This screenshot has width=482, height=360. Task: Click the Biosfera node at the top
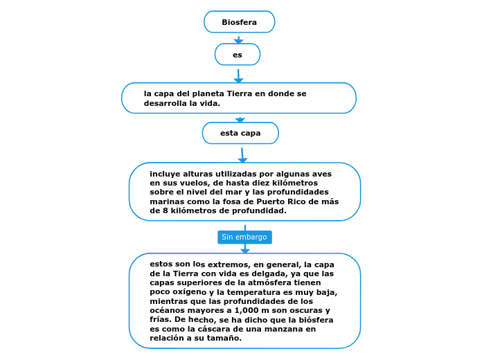(x=239, y=22)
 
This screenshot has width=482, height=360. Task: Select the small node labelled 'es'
(x=238, y=55)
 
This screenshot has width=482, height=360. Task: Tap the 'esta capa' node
(x=240, y=133)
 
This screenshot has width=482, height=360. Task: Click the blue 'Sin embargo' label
(x=244, y=237)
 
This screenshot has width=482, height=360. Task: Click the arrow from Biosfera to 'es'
(x=238, y=39)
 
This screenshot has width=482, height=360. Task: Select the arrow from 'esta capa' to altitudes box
(x=242, y=154)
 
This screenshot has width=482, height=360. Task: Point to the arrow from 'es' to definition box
(x=238, y=75)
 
